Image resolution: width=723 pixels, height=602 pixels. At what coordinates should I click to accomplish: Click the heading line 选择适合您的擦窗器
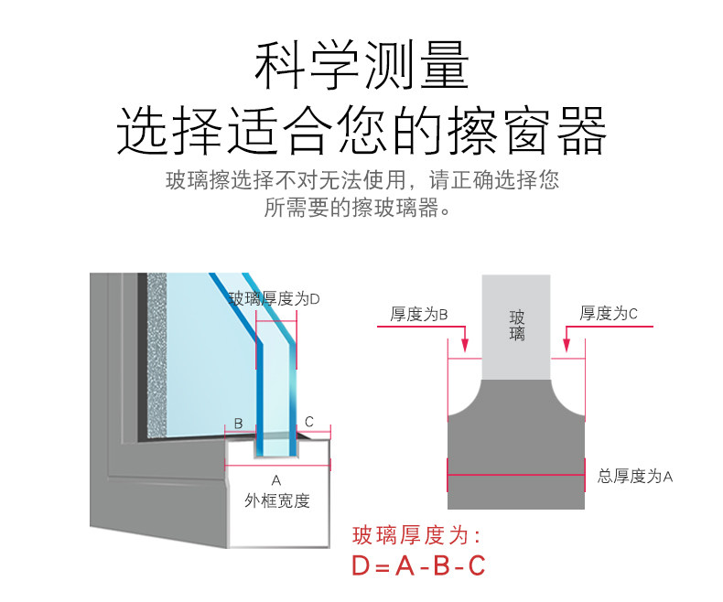pyautogui.click(x=361, y=130)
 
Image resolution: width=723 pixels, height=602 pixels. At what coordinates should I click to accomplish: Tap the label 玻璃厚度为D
pyautogui.click(x=274, y=298)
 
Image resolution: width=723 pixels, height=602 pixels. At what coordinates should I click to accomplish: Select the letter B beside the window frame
pyautogui.click(x=238, y=423)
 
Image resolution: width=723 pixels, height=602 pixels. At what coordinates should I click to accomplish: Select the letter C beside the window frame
pyautogui.click(x=309, y=422)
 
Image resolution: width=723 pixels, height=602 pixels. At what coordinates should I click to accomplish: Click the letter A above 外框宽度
pyautogui.click(x=276, y=480)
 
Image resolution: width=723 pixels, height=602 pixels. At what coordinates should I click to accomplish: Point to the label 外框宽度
pyautogui.click(x=276, y=500)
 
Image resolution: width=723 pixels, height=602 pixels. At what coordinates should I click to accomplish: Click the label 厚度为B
pyautogui.click(x=419, y=314)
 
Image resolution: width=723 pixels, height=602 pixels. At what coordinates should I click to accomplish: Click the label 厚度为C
pyautogui.click(x=609, y=314)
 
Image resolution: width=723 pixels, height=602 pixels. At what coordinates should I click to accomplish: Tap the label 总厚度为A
pyautogui.click(x=635, y=476)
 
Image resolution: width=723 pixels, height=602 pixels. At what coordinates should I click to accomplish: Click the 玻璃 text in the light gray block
pyautogui.click(x=517, y=325)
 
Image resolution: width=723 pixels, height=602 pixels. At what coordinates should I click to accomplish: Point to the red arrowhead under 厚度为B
pyautogui.click(x=465, y=345)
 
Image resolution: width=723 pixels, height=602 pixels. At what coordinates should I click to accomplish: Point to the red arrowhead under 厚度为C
pyautogui.click(x=567, y=345)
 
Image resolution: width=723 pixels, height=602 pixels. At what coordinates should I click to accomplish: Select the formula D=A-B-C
pyautogui.click(x=418, y=566)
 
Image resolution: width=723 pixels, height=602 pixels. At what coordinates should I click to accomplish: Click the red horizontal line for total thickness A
pyautogui.click(x=515, y=475)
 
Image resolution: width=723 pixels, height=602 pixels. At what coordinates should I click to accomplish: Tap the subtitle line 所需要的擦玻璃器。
pyautogui.click(x=361, y=209)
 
